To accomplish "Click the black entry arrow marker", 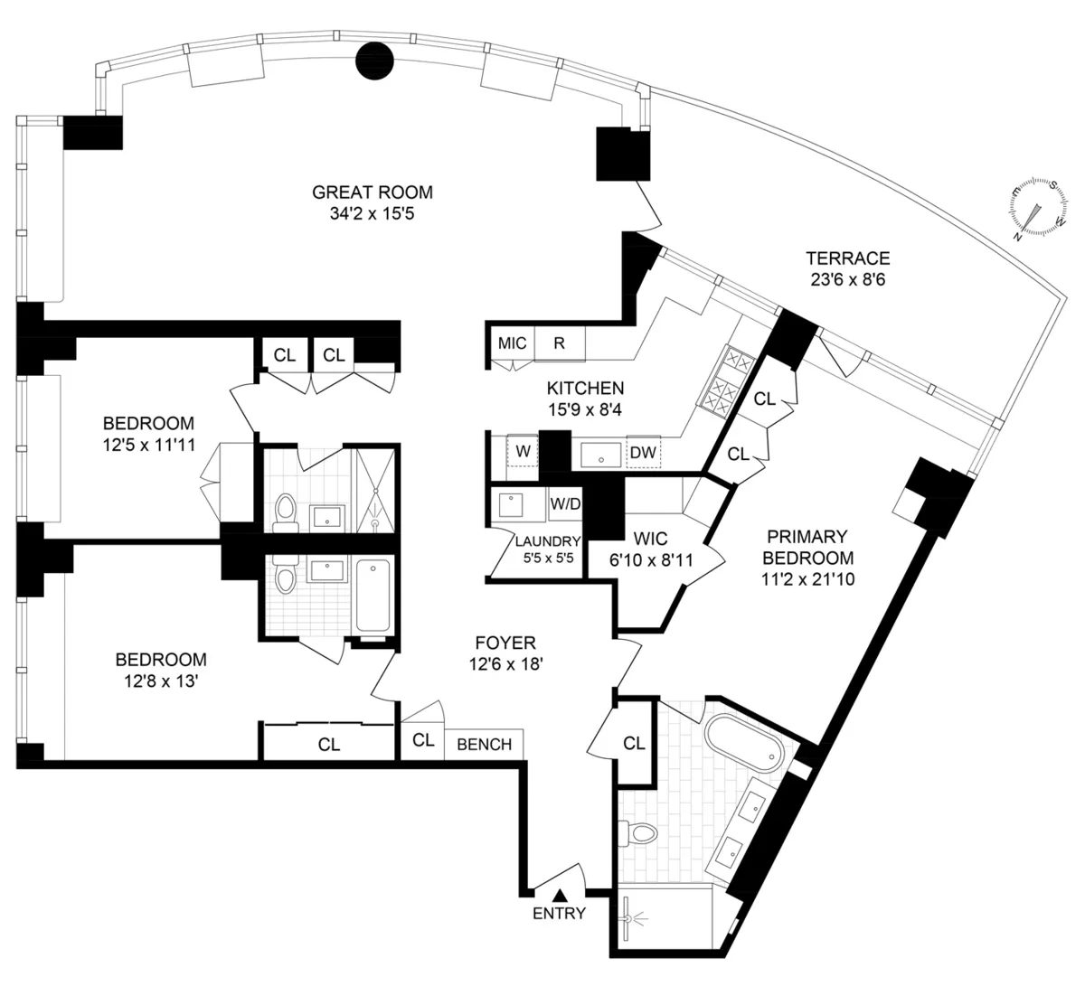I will (561, 895).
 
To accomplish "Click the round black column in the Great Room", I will (374, 61).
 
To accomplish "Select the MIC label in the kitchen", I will (512, 343).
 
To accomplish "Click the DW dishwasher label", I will (644, 452).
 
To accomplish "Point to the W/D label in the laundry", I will (565, 503).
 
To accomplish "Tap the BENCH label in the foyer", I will (484, 744).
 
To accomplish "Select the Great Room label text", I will (372, 192).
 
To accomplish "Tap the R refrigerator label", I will (560, 343).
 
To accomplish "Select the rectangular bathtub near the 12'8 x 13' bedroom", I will (373, 596).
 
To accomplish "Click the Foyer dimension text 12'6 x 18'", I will (505, 663).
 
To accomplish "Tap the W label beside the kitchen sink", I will (523, 450).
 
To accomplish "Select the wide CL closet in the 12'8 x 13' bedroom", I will (329, 744).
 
